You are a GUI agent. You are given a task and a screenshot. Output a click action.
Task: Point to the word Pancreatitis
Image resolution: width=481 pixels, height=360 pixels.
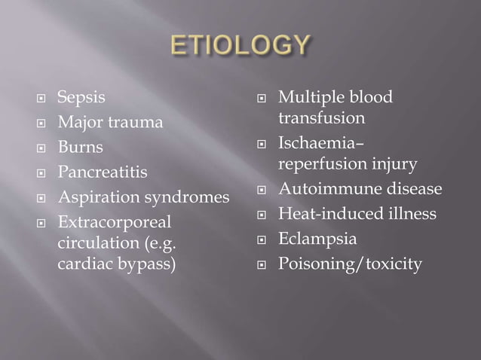click(x=102, y=172)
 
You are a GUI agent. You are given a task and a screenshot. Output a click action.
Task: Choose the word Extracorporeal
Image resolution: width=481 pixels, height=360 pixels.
click(x=114, y=223)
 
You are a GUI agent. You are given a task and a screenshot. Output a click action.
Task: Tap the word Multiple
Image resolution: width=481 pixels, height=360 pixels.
click(x=311, y=97)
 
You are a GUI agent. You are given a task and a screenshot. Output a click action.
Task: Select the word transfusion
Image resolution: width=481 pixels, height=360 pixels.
click(x=322, y=118)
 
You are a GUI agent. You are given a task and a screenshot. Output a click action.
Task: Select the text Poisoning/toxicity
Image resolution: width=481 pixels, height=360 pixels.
click(x=350, y=264)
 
